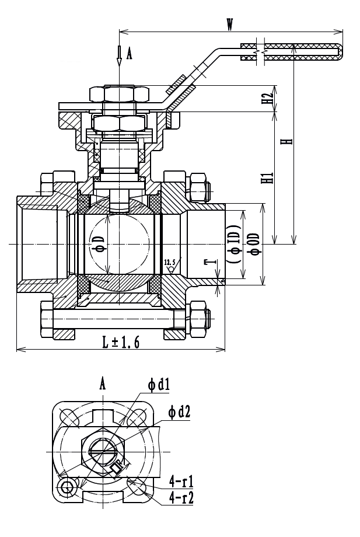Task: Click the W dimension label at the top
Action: coord(230,25)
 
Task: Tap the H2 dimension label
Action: coord(270,98)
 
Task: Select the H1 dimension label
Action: coord(270,177)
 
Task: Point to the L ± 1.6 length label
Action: coord(121,342)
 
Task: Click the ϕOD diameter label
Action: coord(254,244)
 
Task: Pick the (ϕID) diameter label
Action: coord(233,244)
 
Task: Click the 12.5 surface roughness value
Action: coord(169,262)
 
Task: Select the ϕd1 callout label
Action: coord(159,385)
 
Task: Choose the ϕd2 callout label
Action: coord(179,412)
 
